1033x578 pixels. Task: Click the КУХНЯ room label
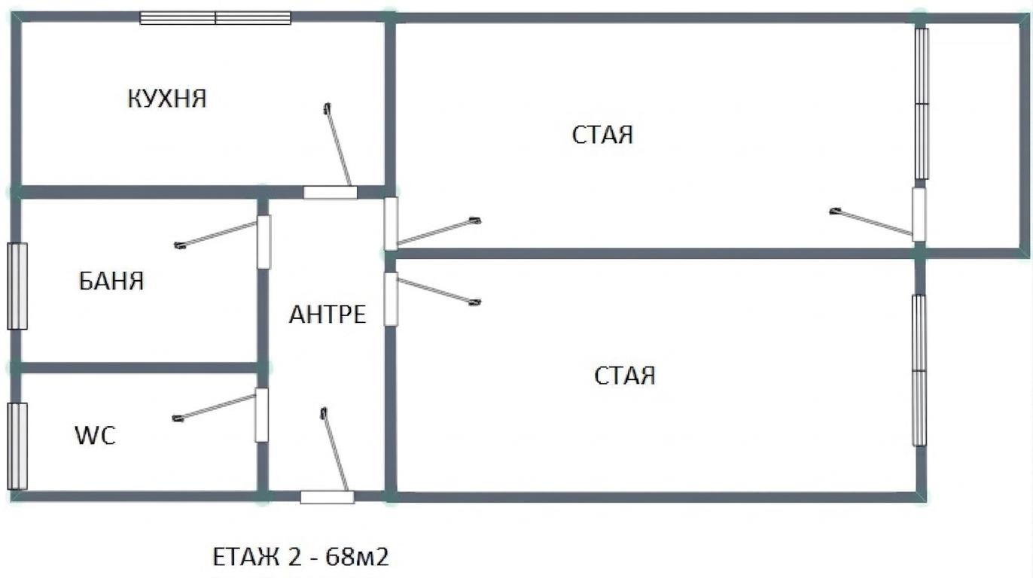click(x=167, y=99)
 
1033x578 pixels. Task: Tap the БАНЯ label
click(x=111, y=281)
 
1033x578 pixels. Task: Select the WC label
click(x=95, y=435)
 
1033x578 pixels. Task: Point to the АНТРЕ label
click(x=328, y=315)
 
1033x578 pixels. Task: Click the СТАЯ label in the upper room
click(x=602, y=135)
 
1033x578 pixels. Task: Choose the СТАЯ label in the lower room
click(x=624, y=376)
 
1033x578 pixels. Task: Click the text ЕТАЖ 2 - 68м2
click(x=300, y=557)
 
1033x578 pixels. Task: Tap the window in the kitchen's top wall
click(x=215, y=18)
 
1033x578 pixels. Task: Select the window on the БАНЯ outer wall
click(x=17, y=286)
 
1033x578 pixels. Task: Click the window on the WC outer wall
click(x=17, y=446)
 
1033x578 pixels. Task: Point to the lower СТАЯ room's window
click(x=919, y=370)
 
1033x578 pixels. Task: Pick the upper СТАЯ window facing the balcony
click(x=922, y=104)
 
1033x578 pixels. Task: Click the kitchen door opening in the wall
click(x=331, y=192)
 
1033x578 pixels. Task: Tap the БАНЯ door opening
click(x=264, y=242)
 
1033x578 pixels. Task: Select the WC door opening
click(x=262, y=415)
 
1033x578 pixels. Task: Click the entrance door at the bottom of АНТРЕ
click(x=328, y=497)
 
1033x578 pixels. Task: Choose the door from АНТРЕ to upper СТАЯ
click(x=391, y=224)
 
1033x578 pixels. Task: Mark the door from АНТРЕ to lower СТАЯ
click(x=391, y=299)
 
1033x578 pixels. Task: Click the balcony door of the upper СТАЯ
click(x=919, y=214)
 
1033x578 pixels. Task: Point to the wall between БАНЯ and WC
click(x=139, y=368)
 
